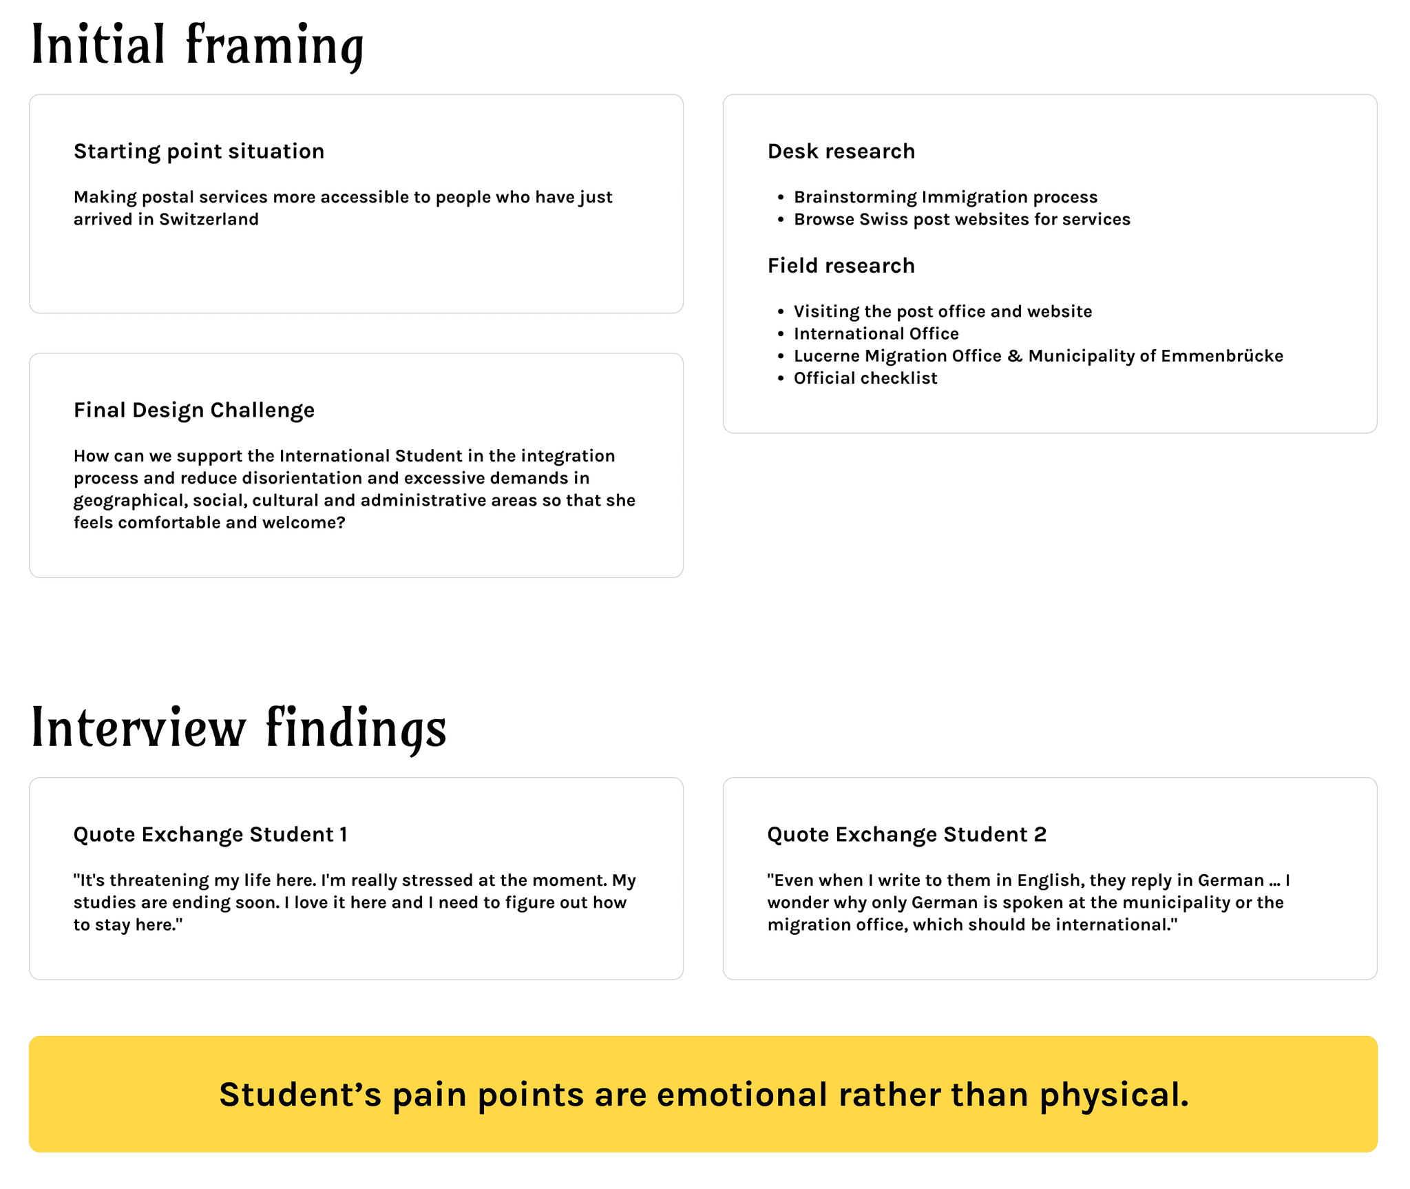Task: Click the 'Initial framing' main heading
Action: tap(198, 45)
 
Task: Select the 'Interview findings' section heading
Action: tap(239, 728)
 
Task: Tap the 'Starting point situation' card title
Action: tap(199, 152)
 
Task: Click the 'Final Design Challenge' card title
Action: tap(194, 411)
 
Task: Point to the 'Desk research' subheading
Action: tap(841, 152)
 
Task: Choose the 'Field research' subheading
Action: tap(841, 266)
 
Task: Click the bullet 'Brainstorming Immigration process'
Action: tap(945, 198)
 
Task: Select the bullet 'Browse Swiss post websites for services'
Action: tap(962, 220)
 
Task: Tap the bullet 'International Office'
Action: tap(876, 334)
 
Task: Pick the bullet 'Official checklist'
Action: tap(865, 378)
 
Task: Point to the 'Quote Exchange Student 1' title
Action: tap(210, 835)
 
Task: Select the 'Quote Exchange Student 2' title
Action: tap(907, 835)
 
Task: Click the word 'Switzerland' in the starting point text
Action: tap(209, 220)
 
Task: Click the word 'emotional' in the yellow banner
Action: tap(742, 1095)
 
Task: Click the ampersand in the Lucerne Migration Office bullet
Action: tap(1015, 356)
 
